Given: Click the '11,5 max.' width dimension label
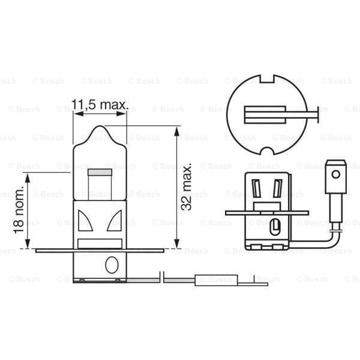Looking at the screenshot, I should pos(100,105).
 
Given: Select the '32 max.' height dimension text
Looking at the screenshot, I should pos(187,185).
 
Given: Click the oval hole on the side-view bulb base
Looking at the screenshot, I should pos(112,265).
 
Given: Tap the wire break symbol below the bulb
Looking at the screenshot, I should pos(163,278).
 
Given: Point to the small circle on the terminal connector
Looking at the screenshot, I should pos(336,175).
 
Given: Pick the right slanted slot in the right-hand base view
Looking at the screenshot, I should pos(277,189).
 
